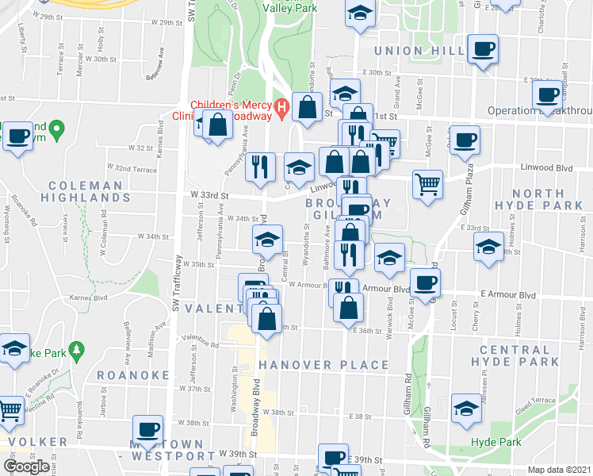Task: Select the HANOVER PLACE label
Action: tap(323, 365)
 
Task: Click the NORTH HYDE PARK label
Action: tap(549, 200)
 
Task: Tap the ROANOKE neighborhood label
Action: tap(133, 374)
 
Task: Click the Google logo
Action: tap(25, 466)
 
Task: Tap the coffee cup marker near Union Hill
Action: tap(482, 50)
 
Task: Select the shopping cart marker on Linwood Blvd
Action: tap(427, 183)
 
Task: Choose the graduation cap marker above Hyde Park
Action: tap(466, 408)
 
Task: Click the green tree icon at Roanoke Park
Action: tap(76, 349)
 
